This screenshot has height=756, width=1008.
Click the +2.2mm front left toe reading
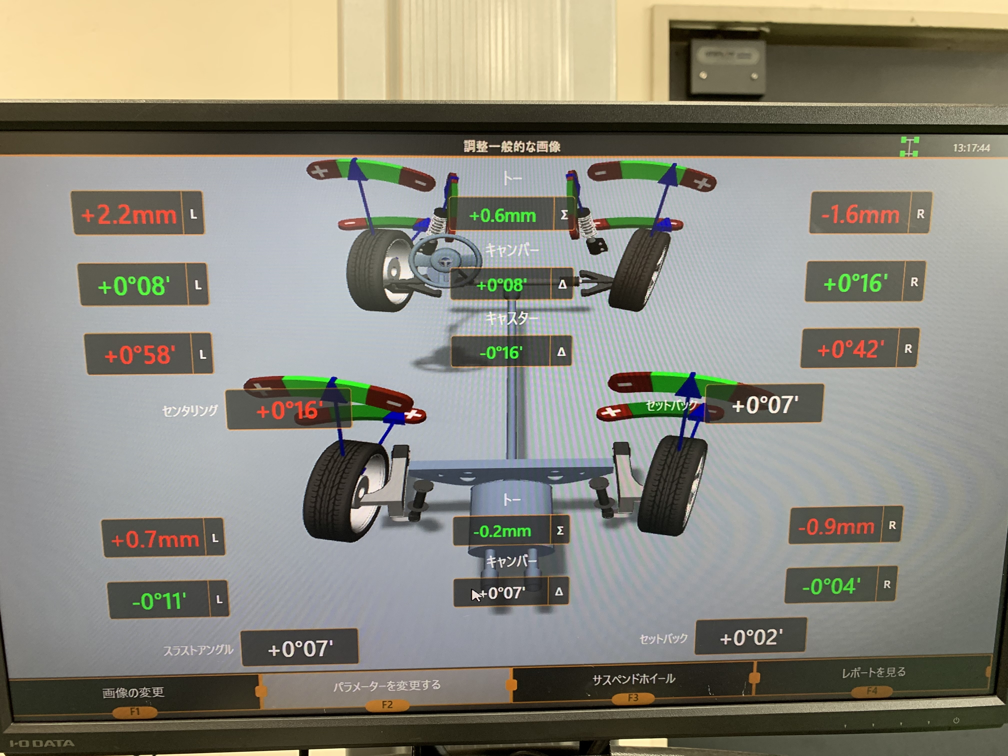point(128,214)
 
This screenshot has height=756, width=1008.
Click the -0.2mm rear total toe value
point(502,531)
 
